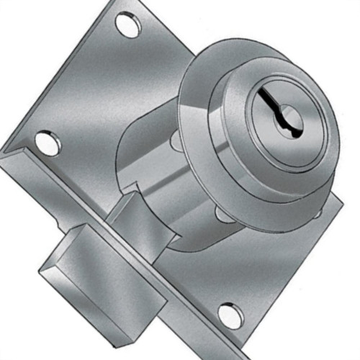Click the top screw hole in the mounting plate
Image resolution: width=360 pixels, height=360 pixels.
point(128,27)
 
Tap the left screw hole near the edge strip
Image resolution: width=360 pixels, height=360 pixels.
point(48,142)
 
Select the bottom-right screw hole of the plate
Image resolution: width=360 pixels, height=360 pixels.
point(230,315)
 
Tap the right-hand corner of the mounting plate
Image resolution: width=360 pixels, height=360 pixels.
point(339,202)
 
